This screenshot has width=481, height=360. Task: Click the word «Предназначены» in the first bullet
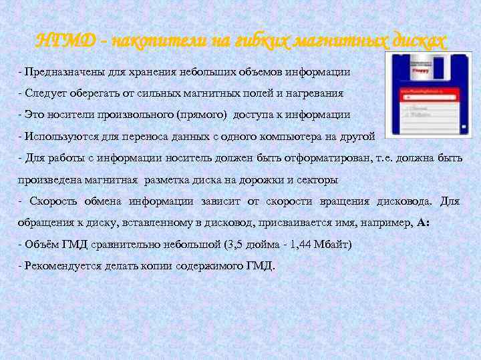tap(57, 71)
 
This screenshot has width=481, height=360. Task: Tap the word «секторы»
tap(318, 179)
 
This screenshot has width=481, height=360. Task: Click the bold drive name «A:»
tap(423, 223)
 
